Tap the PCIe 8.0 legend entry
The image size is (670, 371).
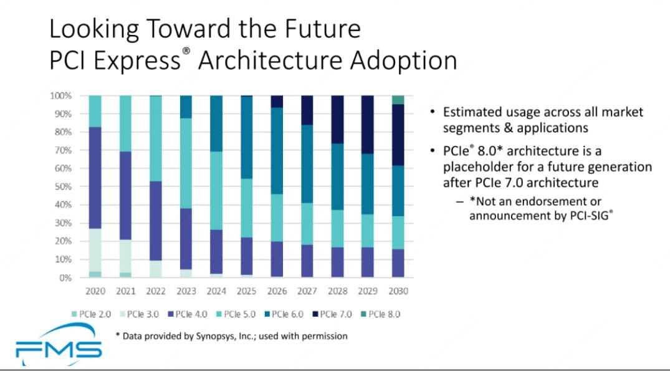click(x=381, y=314)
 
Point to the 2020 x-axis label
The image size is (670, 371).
click(x=95, y=291)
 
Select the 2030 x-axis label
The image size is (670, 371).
click(x=398, y=291)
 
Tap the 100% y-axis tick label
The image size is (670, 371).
click(x=60, y=96)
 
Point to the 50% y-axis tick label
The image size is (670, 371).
click(x=62, y=186)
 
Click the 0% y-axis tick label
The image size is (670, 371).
click(x=64, y=277)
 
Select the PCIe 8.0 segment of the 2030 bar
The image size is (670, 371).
click(x=398, y=100)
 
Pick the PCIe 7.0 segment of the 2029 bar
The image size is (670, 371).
click(x=368, y=125)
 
